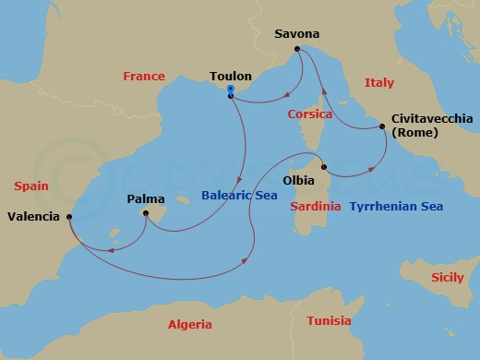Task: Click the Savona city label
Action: click(297, 34)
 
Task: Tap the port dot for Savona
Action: click(297, 49)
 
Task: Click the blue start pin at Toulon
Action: click(230, 90)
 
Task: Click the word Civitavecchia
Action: click(432, 119)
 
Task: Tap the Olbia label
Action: click(298, 179)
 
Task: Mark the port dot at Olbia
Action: click(324, 167)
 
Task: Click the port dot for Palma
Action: click(145, 213)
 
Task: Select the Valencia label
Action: click(34, 218)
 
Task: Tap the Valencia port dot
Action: click(69, 217)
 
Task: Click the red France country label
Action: click(143, 77)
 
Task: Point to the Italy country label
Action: click(378, 83)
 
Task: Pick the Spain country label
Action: click(30, 186)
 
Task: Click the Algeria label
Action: click(189, 324)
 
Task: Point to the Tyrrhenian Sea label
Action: click(396, 207)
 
